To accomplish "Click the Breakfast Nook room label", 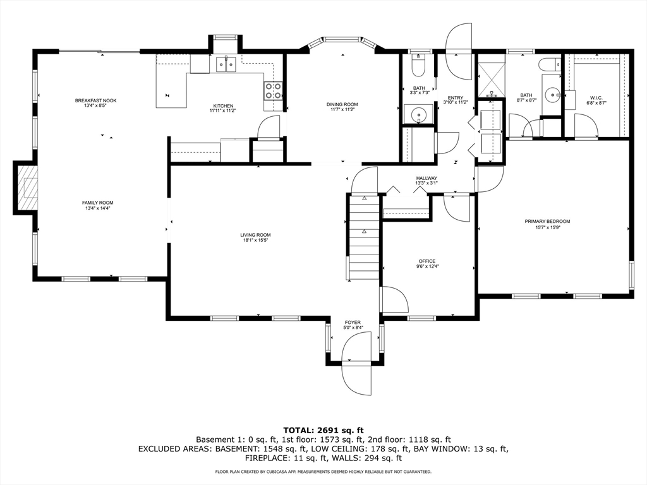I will coord(95,101).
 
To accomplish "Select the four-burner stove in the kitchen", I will coord(273,91).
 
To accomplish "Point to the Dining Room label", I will coord(342,105).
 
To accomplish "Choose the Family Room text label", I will coord(97,203).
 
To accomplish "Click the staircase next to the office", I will coord(364,237).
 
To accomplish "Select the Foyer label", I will coord(353,322).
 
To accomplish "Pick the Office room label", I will coord(427,261).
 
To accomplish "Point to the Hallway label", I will coord(426,178).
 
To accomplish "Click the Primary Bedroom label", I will coord(547,221).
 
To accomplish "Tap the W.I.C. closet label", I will coord(595,98).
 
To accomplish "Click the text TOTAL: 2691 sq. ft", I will coord(323,429).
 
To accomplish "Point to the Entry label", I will coord(455,97).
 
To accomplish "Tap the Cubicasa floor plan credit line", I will coord(323,472).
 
